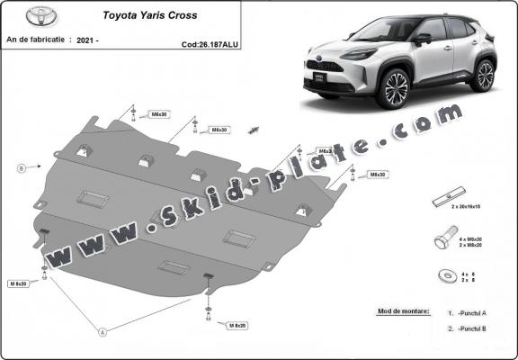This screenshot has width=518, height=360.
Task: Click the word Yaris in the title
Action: click(x=162, y=16)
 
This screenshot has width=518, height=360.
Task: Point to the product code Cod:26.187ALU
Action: click(x=210, y=42)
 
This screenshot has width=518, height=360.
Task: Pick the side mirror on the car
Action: click(x=421, y=39)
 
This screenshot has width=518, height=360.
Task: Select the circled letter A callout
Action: click(x=103, y=332)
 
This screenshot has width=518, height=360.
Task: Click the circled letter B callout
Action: click(x=20, y=166)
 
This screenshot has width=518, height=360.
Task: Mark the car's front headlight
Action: click(x=340, y=66)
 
